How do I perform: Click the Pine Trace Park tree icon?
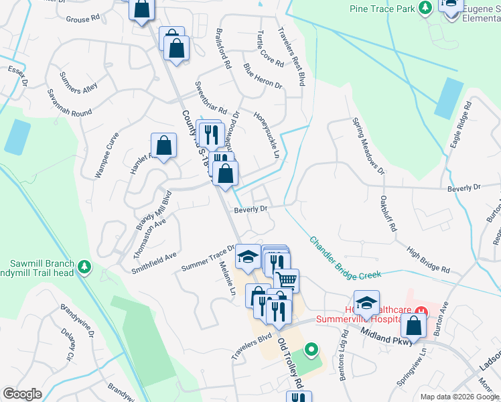coord(424,8)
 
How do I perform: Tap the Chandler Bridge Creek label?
coord(345,257)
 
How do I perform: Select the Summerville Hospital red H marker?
coord(421,310)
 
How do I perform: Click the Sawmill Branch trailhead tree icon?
coord(84,267)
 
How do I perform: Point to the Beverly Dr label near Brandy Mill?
coord(250,210)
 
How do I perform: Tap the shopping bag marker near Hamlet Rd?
coord(164,145)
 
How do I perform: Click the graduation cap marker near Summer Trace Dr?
coord(247,257)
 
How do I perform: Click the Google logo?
coord(23,394)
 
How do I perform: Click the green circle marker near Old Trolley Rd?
coord(311,349)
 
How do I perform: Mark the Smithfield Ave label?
coord(153,256)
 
